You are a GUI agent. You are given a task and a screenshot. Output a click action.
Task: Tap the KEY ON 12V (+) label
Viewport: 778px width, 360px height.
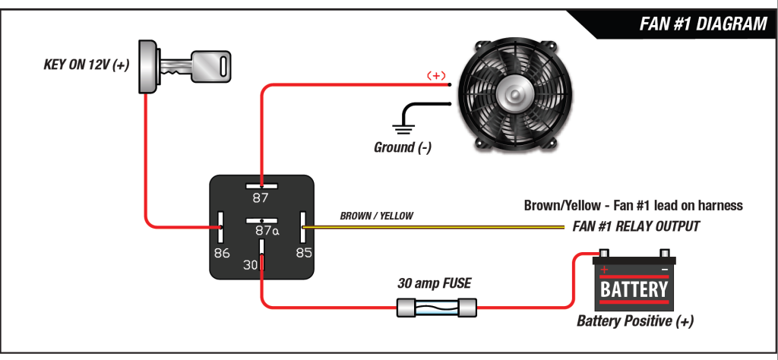86,65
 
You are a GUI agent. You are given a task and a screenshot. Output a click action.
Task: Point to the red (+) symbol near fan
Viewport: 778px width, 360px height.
435,75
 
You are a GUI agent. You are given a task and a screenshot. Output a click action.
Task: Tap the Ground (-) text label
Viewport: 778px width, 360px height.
403,147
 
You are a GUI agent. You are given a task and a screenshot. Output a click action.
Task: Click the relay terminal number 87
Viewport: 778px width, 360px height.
261,198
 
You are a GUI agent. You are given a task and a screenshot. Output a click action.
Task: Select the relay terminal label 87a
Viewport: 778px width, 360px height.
266,231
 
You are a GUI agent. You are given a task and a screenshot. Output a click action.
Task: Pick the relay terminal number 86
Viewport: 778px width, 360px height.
221,253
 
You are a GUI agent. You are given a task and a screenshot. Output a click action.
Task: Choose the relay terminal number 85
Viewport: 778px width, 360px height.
304,253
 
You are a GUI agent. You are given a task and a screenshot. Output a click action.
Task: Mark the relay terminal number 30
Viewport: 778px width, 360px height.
251,265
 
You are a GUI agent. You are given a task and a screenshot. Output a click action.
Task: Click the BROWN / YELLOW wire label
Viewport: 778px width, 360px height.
376,216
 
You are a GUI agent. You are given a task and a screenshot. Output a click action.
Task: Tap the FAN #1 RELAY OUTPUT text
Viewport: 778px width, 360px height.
635,226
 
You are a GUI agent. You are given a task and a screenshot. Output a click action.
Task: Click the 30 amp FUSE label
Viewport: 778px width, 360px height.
435,283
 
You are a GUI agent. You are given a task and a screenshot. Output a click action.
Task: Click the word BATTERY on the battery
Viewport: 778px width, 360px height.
634,289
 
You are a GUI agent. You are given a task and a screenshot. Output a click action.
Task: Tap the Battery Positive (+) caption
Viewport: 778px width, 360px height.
634,321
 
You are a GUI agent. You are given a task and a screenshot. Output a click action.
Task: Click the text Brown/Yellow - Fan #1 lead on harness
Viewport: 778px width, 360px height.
633,206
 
